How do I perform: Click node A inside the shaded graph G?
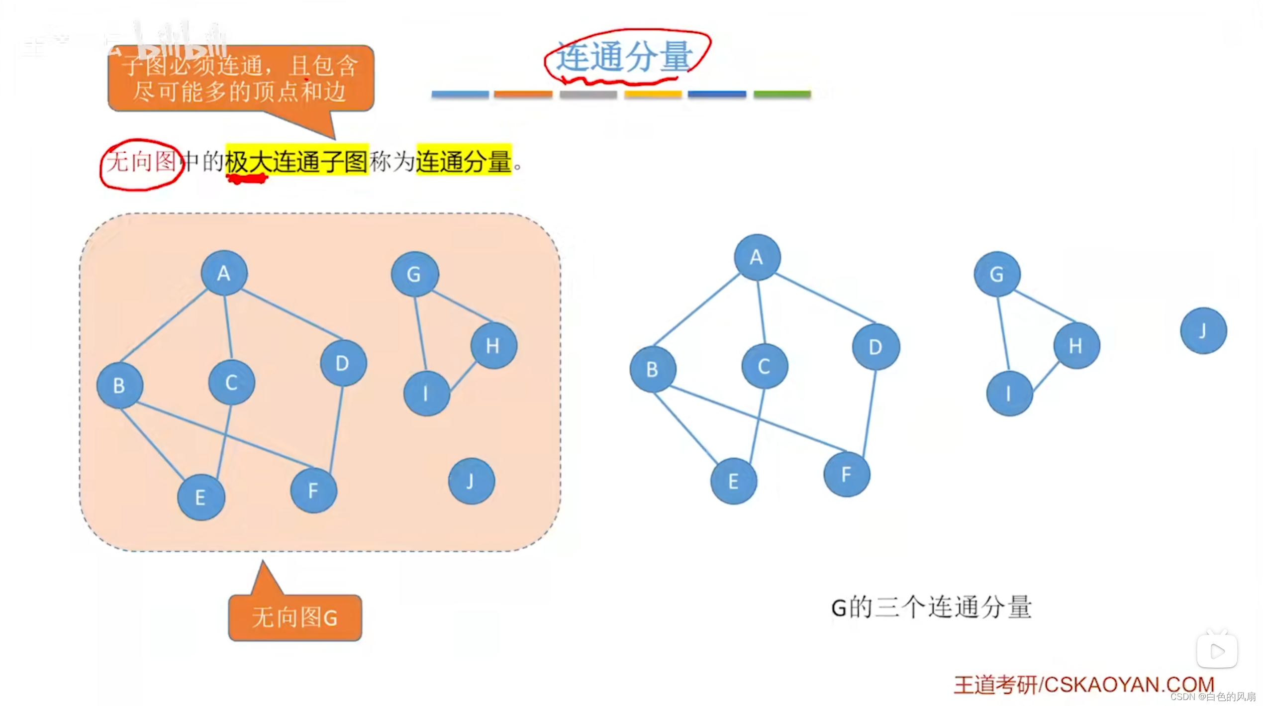tap(224, 273)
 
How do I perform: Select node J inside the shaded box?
tap(471, 481)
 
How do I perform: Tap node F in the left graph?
tap(313, 491)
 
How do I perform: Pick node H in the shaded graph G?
tap(493, 345)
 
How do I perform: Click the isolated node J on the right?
tap(1203, 331)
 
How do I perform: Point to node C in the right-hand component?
tap(764, 366)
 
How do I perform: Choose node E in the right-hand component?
tap(733, 481)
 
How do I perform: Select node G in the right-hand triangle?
tap(997, 274)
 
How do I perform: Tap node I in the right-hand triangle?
tap(1009, 394)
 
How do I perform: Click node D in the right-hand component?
tap(875, 347)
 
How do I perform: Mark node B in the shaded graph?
tap(119, 386)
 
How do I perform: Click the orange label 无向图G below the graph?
tap(295, 617)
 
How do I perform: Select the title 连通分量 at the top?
tap(624, 56)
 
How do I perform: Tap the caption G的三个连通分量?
tap(931, 607)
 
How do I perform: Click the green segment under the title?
tap(782, 94)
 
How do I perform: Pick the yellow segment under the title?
tap(653, 94)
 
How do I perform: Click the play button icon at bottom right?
tap(1217, 651)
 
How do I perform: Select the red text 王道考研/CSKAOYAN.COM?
tap(1083, 685)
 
